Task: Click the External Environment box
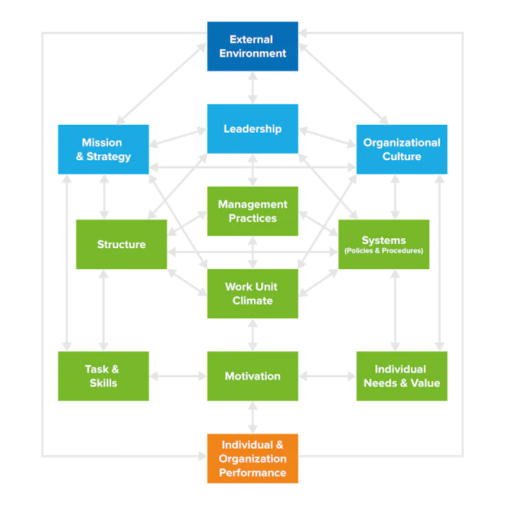[252, 47]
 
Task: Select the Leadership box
[252, 129]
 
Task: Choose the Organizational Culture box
[402, 149]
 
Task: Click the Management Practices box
[252, 211]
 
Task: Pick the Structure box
[121, 245]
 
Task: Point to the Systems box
[384, 245]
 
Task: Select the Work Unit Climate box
[252, 294]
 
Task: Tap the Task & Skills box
[104, 376]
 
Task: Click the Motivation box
[252, 376]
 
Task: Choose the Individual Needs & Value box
[402, 376]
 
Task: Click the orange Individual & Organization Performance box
[252, 459]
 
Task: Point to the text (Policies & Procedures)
[384, 251]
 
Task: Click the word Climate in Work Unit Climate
[252, 301]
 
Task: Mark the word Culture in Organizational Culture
[402, 157]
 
